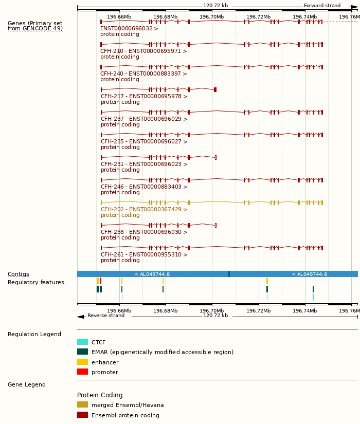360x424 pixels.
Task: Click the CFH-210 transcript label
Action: [x=143, y=51]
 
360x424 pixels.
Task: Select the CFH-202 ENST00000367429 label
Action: [x=144, y=210]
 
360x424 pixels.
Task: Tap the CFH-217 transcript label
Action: [x=144, y=97]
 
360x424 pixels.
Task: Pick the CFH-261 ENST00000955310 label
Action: [x=144, y=255]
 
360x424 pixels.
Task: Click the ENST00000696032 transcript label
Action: [x=129, y=29]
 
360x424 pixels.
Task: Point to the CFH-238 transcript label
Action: [x=144, y=232]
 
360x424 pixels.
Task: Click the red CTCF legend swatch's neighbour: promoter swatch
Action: [x=82, y=372]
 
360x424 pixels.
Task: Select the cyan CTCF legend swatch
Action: [x=82, y=342]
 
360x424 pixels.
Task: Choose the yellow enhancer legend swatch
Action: [x=82, y=362]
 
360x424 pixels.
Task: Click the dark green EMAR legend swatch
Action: [x=82, y=352]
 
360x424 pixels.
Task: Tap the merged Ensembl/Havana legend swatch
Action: [x=82, y=404]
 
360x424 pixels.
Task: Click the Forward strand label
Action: [x=322, y=6]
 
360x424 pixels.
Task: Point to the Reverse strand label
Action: [x=106, y=316]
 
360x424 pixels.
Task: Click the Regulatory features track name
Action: [x=36, y=283]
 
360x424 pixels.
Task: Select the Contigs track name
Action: [x=19, y=274]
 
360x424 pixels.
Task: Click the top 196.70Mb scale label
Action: [x=212, y=17]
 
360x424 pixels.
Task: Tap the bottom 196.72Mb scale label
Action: [x=258, y=310]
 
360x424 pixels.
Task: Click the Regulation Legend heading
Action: [x=34, y=335]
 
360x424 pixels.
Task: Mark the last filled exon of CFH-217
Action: [x=215, y=90]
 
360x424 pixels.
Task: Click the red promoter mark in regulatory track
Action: [x=101, y=281]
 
